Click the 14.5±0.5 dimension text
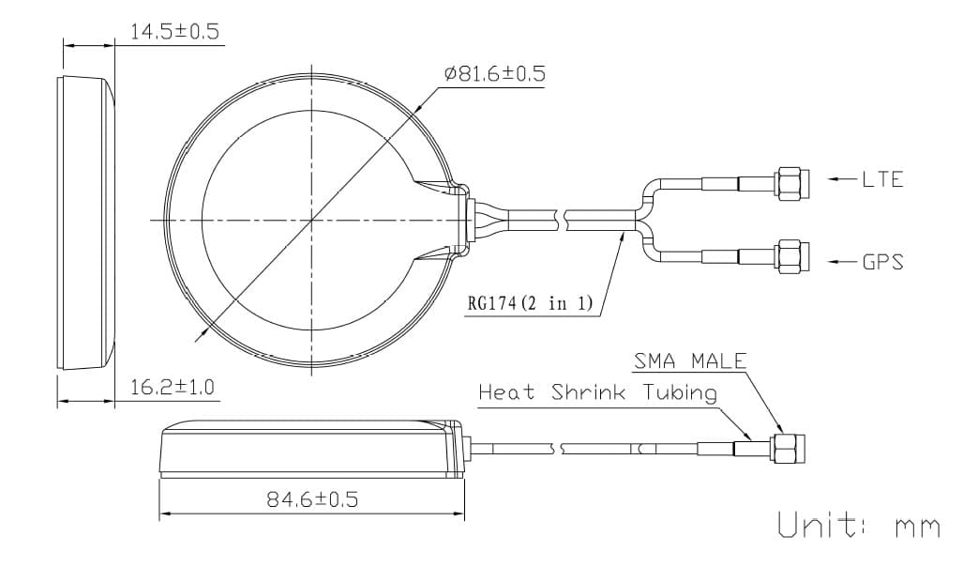tap(173, 32)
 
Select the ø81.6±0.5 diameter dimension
tap(494, 74)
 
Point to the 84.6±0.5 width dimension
tap(312, 499)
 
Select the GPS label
tap(882, 262)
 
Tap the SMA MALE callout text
tap(690, 361)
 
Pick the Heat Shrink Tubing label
tap(597, 392)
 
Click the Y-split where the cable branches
tap(645, 220)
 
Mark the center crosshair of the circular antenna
tap(311, 220)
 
